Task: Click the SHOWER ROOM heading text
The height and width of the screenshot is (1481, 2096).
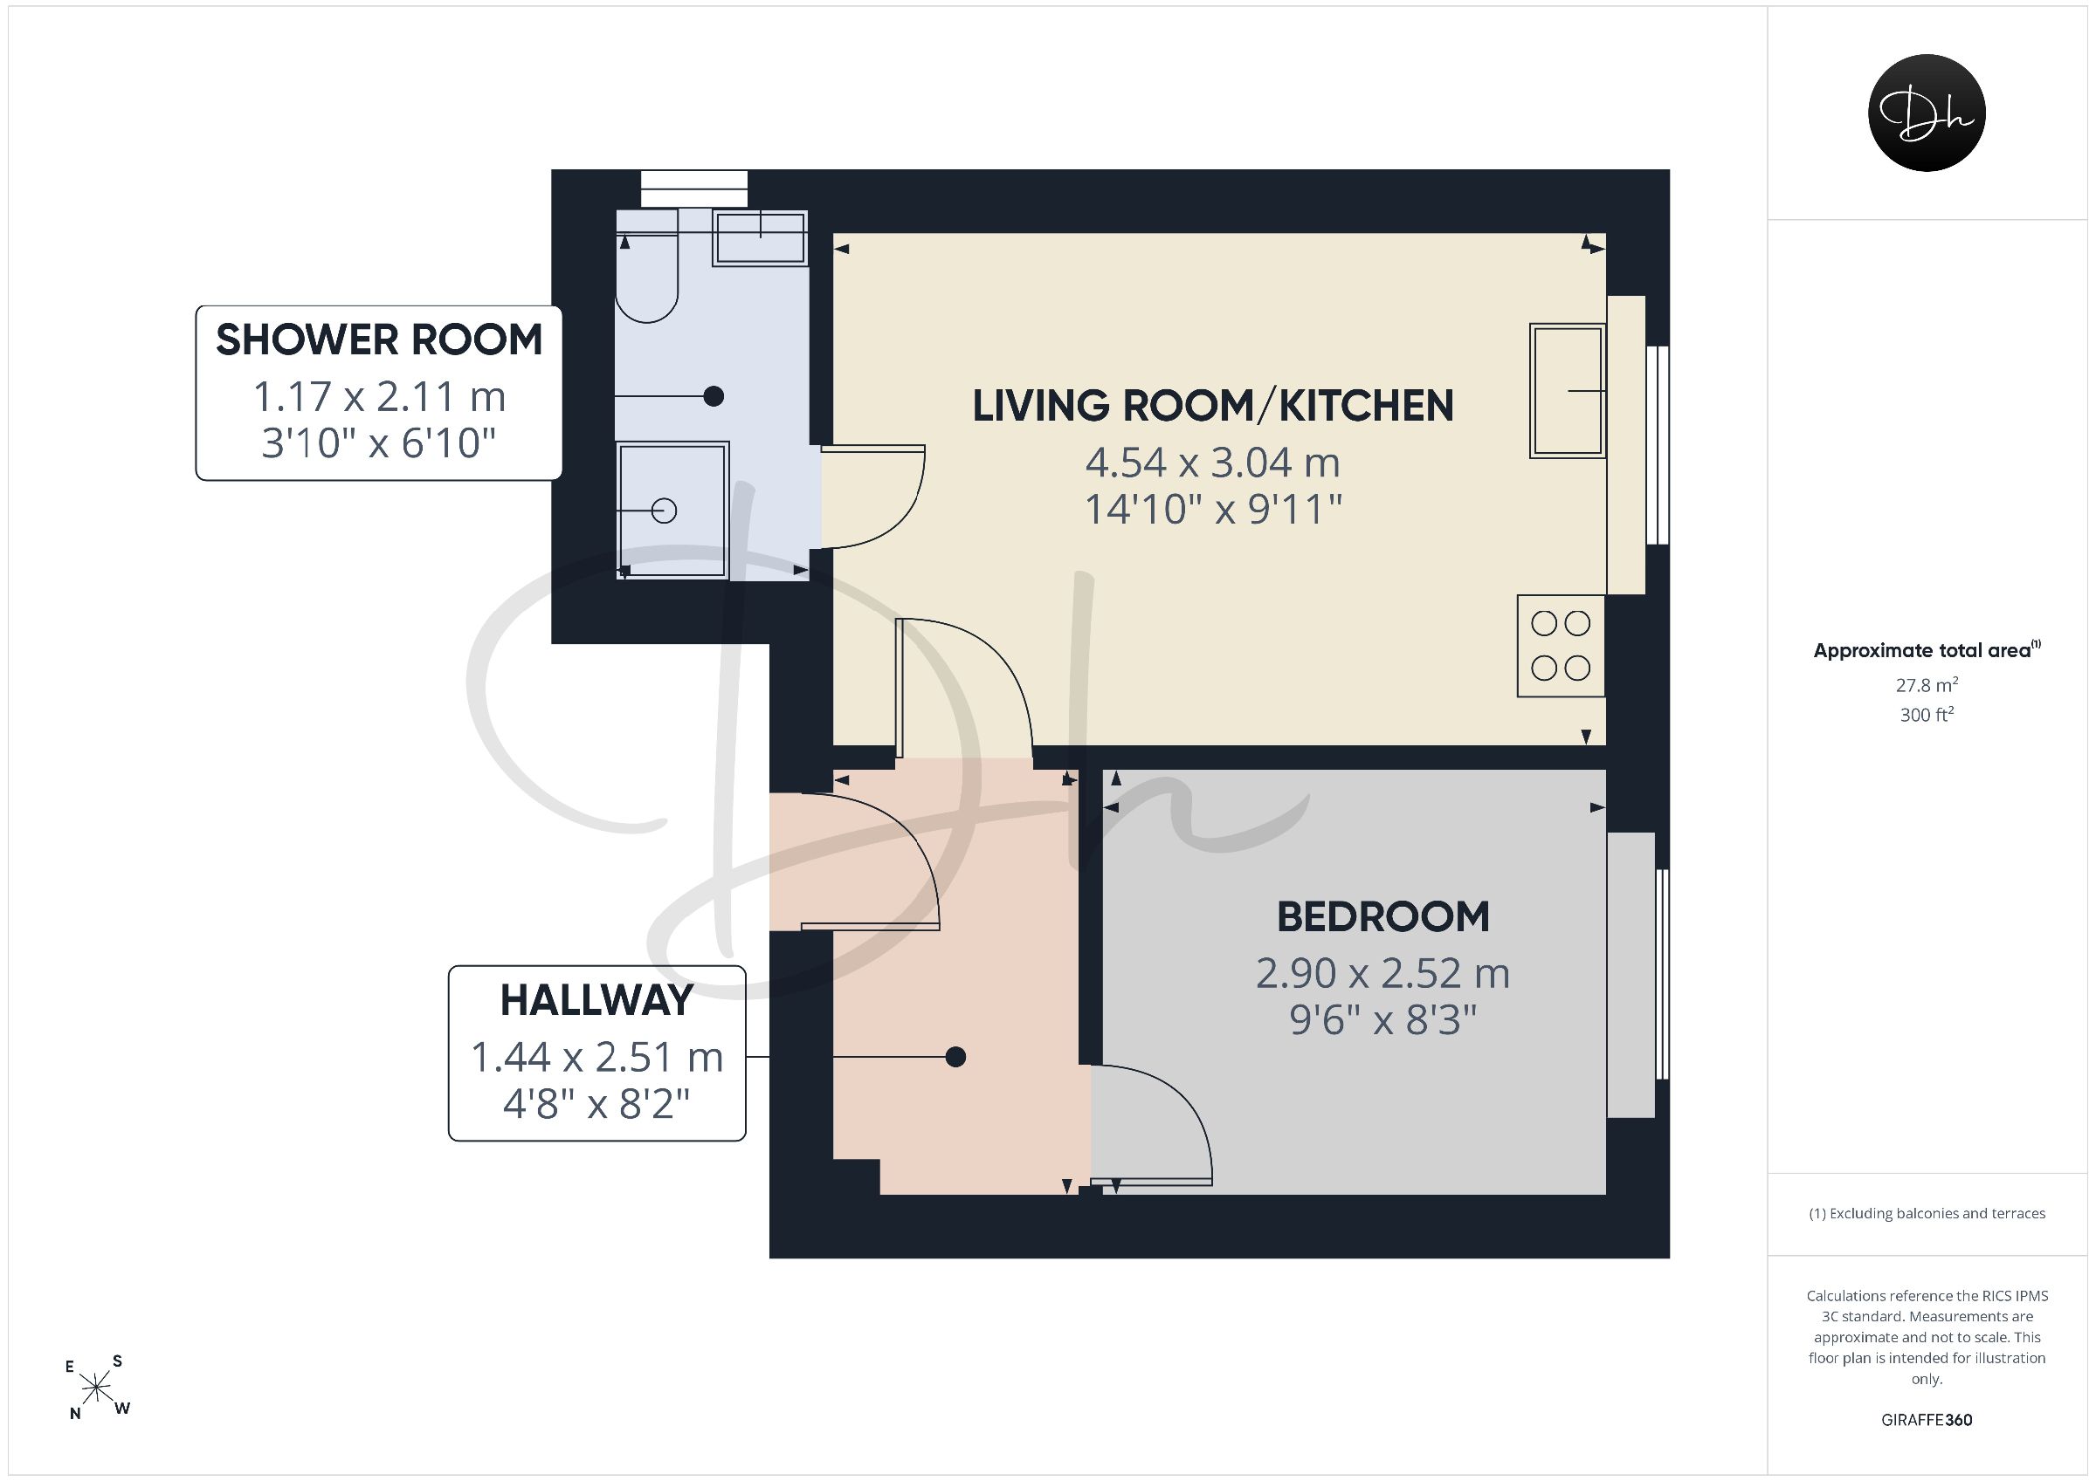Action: click(379, 340)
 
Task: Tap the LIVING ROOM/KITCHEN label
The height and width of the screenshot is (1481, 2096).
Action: click(1212, 406)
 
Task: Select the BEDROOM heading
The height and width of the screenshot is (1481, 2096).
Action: click(1383, 917)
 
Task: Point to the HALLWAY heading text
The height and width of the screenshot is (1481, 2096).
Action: click(597, 1001)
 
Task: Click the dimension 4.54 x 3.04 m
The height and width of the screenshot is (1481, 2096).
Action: click(1212, 463)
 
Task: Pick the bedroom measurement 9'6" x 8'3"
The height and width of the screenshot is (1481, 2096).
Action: click(1383, 1020)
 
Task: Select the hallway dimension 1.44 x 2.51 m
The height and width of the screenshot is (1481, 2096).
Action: click(597, 1058)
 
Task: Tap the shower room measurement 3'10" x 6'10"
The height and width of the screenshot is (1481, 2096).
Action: click(379, 443)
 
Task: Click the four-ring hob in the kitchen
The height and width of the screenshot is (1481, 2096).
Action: click(1561, 646)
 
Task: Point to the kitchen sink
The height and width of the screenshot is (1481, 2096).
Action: click(1568, 391)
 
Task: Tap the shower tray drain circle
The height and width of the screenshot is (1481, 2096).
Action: click(665, 511)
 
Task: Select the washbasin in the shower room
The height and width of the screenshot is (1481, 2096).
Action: click(760, 238)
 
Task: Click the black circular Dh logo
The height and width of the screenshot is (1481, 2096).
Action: click(1927, 113)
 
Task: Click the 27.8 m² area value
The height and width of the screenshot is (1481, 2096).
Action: click(1927, 685)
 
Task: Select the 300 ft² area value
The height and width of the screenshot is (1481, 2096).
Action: click(1927, 715)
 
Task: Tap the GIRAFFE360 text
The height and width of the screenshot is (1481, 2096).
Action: click(1927, 1420)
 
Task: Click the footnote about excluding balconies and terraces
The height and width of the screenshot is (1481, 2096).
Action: click(1927, 1213)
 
